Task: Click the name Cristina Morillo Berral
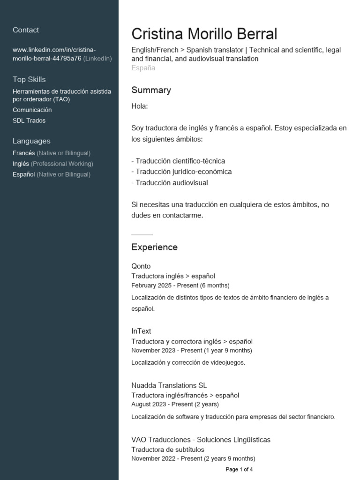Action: (204, 34)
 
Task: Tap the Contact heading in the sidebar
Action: (26, 30)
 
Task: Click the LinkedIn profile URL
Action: (54, 54)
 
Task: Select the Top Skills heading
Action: (29, 79)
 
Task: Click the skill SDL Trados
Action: (29, 120)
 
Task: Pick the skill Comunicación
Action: (32, 110)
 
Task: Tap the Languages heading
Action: (31, 141)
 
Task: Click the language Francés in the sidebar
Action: (24, 153)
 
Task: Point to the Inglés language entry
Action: (21, 164)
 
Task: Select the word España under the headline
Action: (143, 68)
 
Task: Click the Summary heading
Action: (151, 90)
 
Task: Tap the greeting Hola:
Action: (140, 106)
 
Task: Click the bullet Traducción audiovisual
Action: (170, 183)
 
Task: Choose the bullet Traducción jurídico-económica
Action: (181, 172)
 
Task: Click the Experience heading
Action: (154, 247)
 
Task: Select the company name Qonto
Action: (141, 266)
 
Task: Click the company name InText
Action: (141, 331)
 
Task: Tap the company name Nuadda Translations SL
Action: (169, 385)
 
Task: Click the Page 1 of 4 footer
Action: (239, 469)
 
